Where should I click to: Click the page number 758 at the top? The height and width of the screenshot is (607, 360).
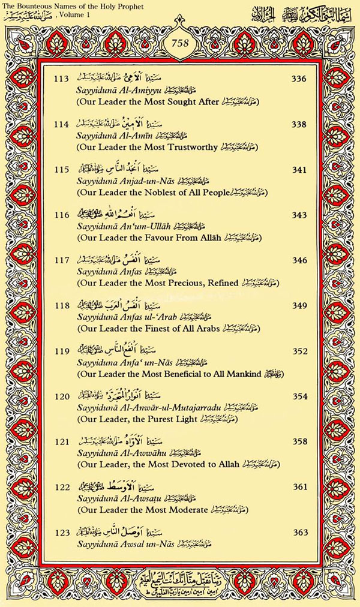tap(179, 43)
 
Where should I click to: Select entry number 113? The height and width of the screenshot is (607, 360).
tap(61, 79)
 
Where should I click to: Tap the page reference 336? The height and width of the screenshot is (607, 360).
tap(299, 79)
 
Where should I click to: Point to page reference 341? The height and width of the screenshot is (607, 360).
tap(299, 170)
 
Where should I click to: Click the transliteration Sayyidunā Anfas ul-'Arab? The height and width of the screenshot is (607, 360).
tap(124, 317)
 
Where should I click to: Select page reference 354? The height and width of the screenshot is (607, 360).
tap(299, 396)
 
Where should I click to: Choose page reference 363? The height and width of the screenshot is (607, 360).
tap(299, 533)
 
